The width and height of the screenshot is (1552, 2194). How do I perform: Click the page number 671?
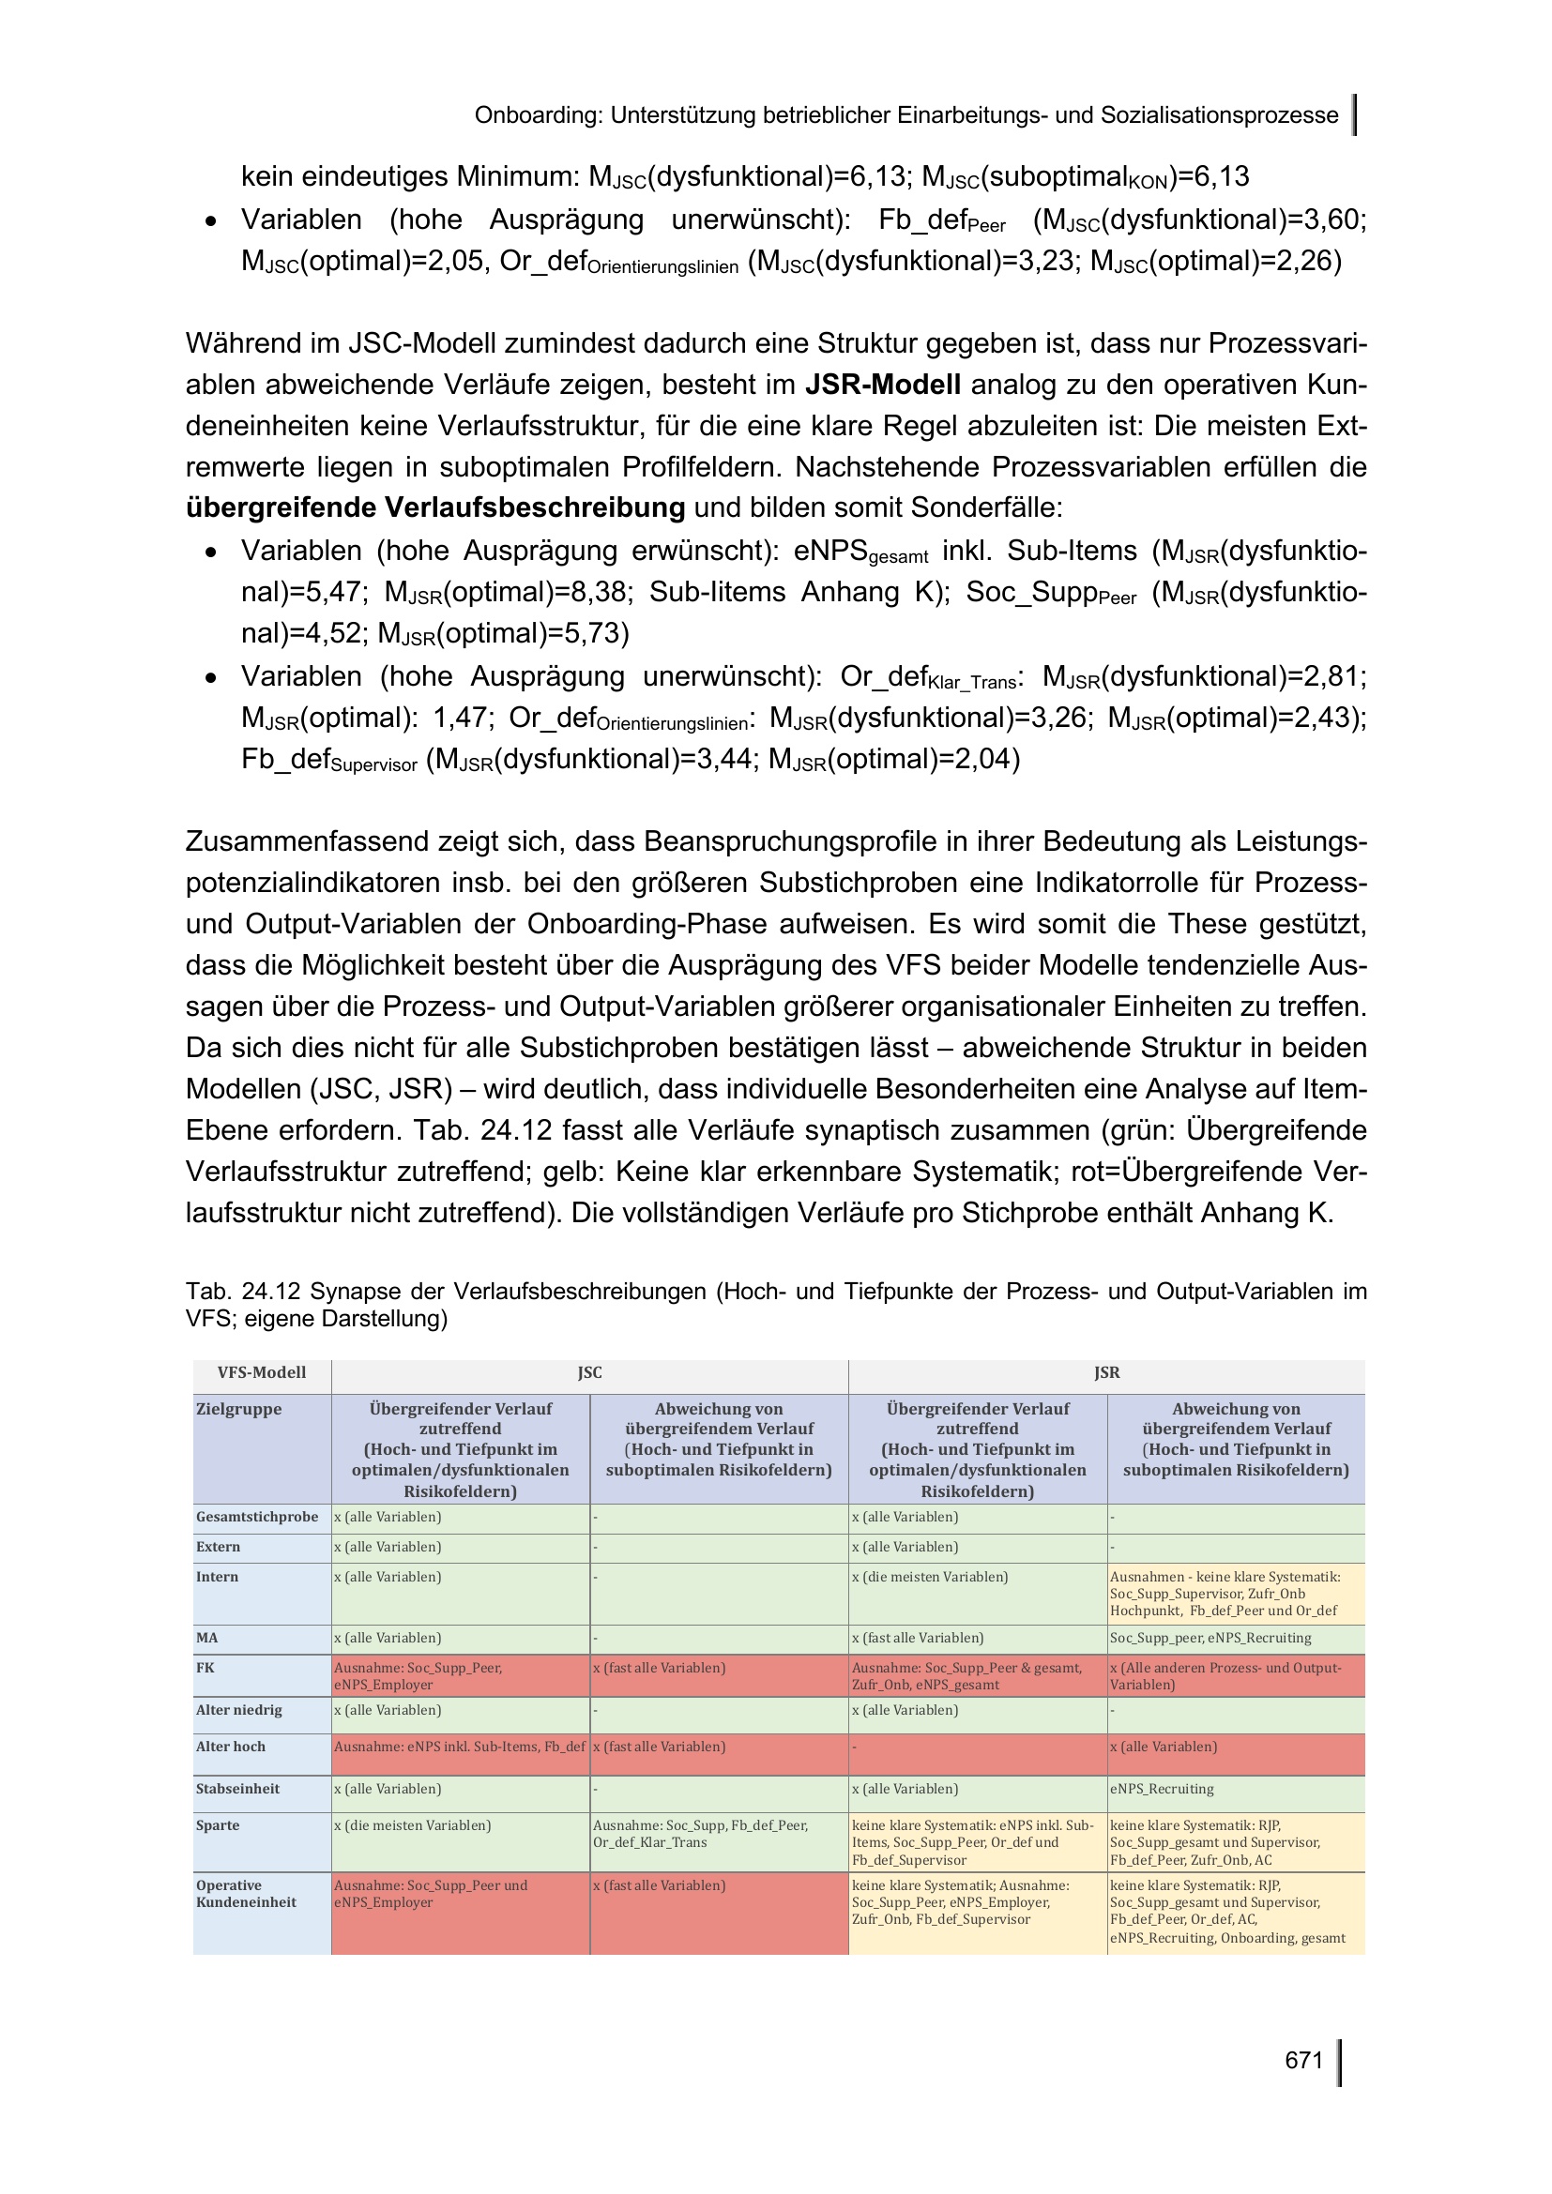1302,2059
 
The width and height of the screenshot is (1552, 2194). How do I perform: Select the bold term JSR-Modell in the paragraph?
882,386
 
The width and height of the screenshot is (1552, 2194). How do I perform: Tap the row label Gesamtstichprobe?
257,1517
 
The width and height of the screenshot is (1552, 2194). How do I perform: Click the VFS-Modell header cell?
261,1372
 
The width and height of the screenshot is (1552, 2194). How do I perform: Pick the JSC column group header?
589,1372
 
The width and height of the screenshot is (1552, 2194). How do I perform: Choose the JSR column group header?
1106,1372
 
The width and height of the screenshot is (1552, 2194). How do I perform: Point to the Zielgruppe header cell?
239,1409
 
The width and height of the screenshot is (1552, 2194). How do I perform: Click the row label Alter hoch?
230,1746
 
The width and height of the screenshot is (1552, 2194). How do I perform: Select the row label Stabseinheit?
238,1788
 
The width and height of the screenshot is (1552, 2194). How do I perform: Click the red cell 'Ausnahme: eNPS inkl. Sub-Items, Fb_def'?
460,1746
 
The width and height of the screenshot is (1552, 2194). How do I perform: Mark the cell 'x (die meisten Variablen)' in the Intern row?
930,1577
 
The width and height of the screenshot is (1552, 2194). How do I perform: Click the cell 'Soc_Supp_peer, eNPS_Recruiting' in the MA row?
1210,1638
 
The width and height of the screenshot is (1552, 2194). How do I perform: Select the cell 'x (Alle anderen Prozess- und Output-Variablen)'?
1225,1675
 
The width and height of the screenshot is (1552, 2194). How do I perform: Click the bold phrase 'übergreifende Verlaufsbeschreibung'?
434,507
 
